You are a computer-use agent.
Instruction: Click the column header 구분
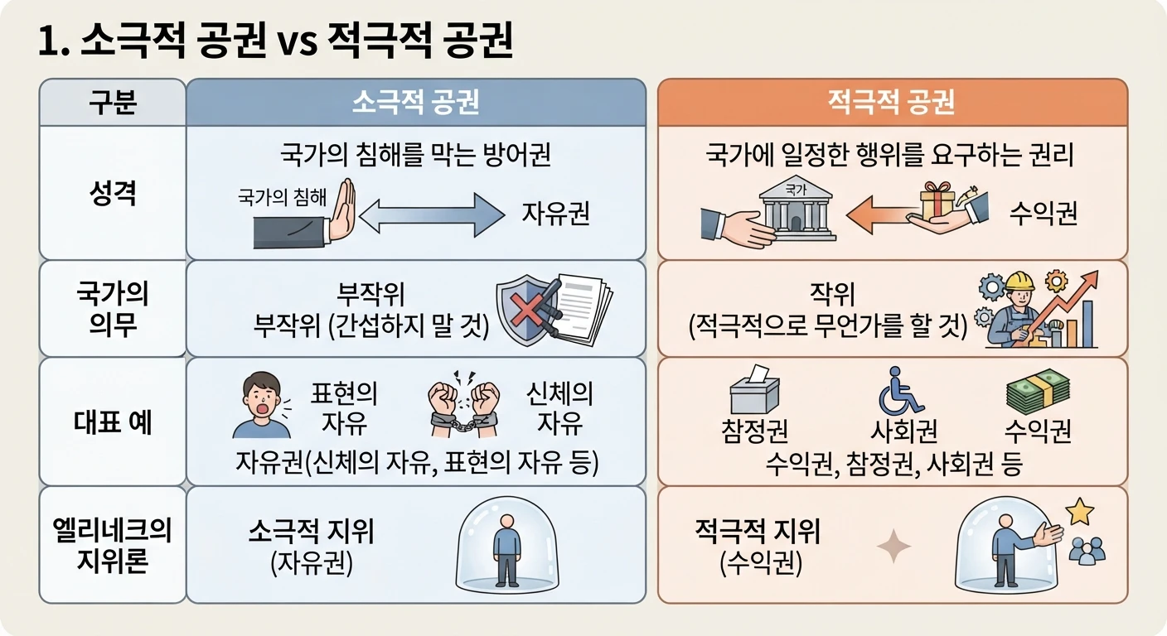pyautogui.click(x=113, y=102)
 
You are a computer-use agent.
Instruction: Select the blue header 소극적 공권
pyautogui.click(x=416, y=102)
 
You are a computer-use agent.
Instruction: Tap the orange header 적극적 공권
pyautogui.click(x=891, y=102)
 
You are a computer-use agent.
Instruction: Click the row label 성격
pyautogui.click(x=113, y=193)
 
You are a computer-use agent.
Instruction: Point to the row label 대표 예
pyautogui.click(x=113, y=422)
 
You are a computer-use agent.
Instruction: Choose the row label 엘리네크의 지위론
pyautogui.click(x=113, y=545)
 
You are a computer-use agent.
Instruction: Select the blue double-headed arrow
pyautogui.click(x=432, y=215)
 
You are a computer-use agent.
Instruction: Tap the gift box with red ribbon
pyautogui.click(x=937, y=201)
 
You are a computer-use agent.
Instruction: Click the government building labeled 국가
pyautogui.click(x=796, y=209)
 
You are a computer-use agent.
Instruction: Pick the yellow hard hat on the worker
pyautogui.click(x=1019, y=281)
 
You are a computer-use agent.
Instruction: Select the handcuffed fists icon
pyautogui.click(x=463, y=403)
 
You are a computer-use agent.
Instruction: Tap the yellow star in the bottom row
pyautogui.click(x=1079, y=512)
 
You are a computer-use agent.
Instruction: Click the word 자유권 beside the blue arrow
pyautogui.click(x=555, y=214)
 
